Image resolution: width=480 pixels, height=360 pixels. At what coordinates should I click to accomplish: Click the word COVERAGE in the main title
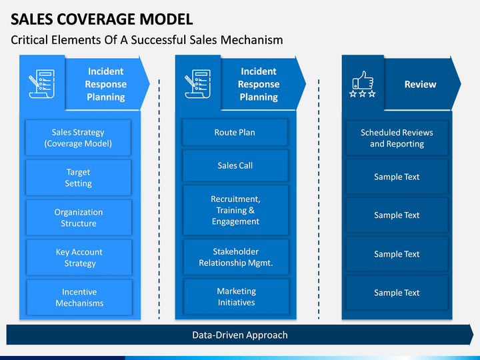[95, 19]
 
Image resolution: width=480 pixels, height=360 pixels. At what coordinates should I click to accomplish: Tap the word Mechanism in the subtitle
[251, 40]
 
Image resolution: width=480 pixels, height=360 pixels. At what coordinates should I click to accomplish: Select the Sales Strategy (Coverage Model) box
[78, 138]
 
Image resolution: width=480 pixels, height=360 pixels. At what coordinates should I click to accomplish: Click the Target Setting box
[79, 177]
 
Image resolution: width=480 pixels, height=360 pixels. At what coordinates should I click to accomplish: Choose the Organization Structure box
[79, 217]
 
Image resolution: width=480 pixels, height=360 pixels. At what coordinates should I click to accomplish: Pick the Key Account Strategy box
[79, 257]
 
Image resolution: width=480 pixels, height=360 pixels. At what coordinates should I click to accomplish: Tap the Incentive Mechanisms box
[79, 297]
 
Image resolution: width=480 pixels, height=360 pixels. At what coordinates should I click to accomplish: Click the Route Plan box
[235, 132]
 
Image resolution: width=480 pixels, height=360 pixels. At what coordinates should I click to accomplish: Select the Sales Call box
[235, 165]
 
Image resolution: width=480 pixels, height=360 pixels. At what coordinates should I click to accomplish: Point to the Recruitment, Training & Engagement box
[235, 210]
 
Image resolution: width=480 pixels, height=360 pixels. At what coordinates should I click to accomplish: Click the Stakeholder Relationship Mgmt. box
[236, 257]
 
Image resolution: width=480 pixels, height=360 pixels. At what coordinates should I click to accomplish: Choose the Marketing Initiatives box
[236, 297]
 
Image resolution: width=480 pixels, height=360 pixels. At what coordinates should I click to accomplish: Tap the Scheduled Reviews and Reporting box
[397, 138]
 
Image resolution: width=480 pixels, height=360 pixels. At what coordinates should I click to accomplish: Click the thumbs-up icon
[363, 80]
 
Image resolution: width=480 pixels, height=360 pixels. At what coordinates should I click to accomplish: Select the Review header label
[420, 84]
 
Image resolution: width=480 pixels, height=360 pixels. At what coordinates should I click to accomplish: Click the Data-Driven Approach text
[240, 335]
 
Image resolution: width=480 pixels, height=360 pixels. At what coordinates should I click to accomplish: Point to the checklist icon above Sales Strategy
[42, 84]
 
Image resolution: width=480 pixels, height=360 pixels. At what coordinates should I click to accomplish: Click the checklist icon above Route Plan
[198, 84]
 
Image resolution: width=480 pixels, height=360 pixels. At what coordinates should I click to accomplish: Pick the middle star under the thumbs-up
[363, 94]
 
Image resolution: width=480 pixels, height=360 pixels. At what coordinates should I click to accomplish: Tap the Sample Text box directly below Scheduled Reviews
[397, 177]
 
